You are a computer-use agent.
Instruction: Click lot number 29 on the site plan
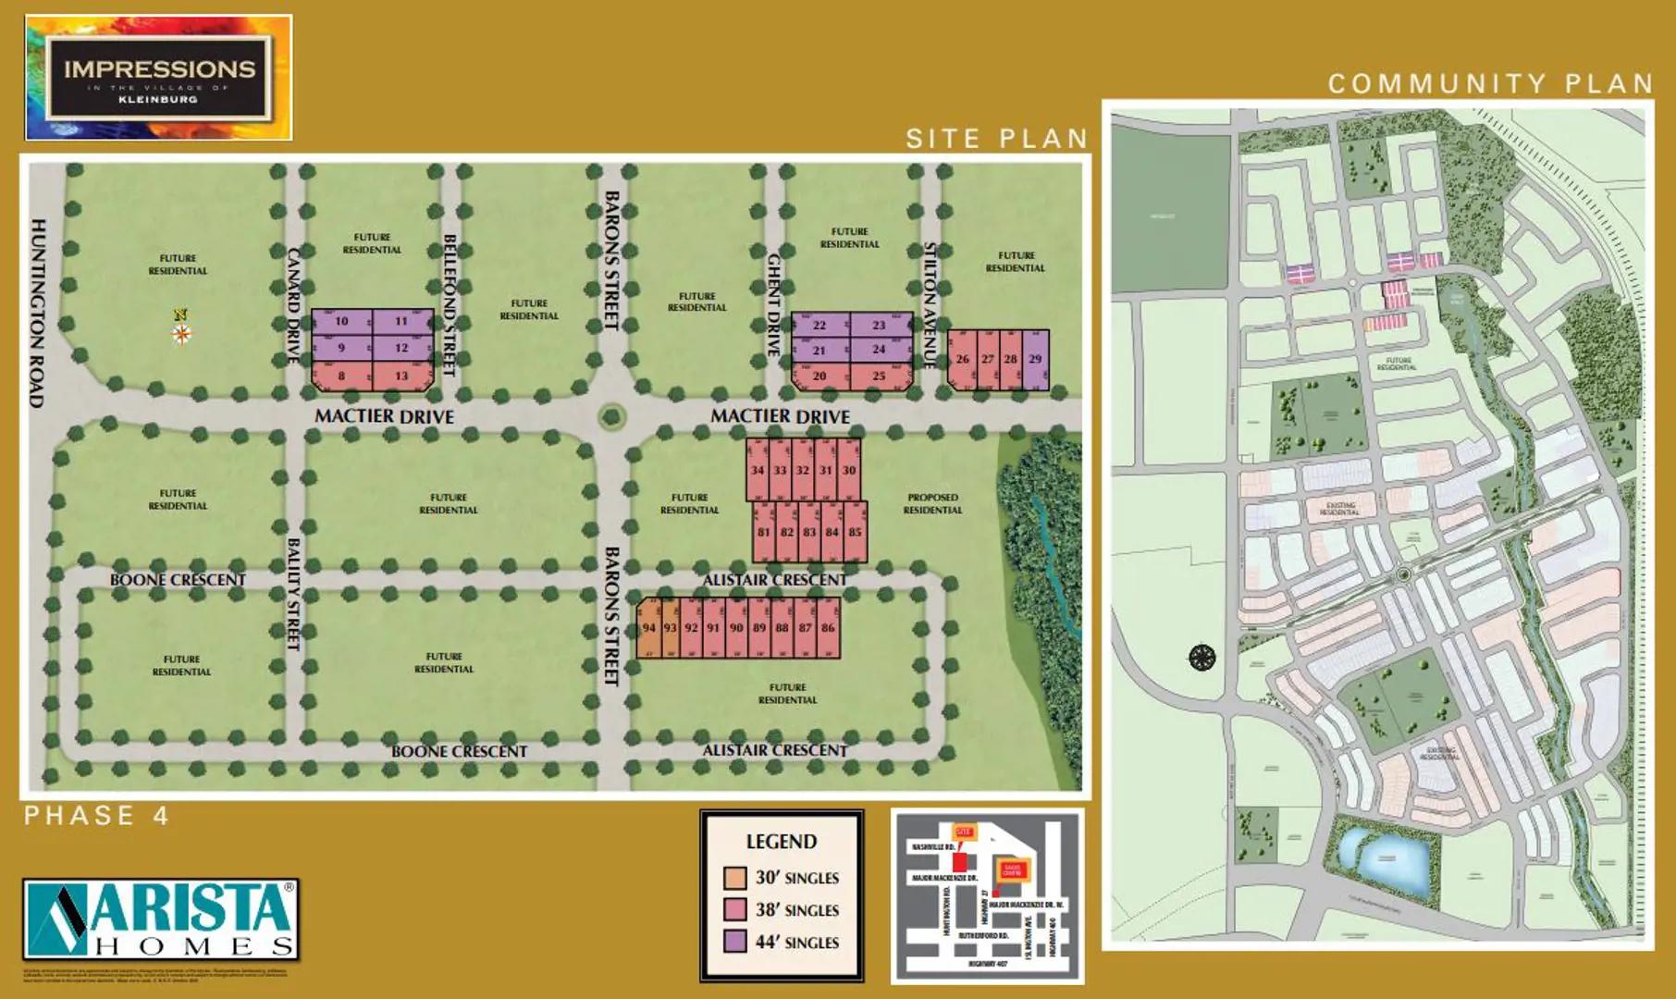pos(1036,359)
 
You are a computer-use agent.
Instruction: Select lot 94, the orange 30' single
pos(648,627)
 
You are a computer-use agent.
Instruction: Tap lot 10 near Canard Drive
pos(341,321)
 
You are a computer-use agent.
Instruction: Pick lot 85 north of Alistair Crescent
pos(856,532)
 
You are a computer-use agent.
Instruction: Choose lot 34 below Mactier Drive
pos(758,470)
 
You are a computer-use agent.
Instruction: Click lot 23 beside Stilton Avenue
pos(879,325)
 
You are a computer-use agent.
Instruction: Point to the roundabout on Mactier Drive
pos(611,415)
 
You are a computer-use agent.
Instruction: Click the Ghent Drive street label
pos(774,306)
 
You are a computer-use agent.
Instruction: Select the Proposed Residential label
pos(932,503)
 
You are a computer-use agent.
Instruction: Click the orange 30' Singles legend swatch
pos(735,877)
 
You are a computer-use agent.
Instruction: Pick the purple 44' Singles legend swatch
pos(735,942)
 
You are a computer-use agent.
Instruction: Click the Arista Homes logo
pos(161,919)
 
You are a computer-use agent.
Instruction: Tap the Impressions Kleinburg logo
pos(159,78)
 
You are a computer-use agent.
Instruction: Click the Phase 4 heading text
pos(97,816)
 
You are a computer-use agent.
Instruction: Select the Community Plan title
pos(1490,84)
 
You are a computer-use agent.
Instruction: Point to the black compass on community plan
pos(1202,658)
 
